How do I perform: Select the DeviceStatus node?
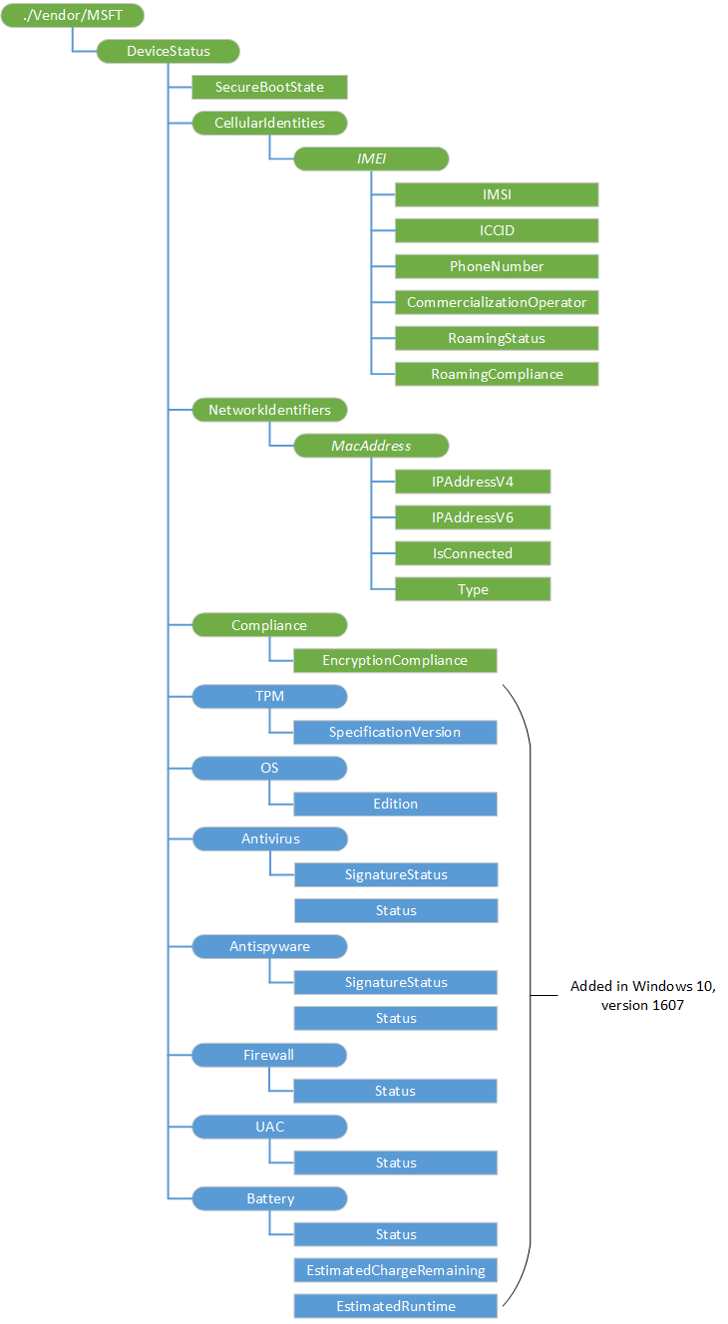pos(168,52)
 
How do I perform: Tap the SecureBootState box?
pos(269,88)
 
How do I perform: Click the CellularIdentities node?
pos(269,124)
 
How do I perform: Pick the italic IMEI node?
pos(371,159)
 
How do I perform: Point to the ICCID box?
pos(497,230)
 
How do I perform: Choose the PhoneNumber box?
pos(497,266)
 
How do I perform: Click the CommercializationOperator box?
pos(497,302)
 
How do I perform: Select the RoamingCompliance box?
pos(497,374)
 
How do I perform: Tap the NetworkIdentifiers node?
pos(269,410)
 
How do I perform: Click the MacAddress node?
pos(371,446)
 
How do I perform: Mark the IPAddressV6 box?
pos(473,517)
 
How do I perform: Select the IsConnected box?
pos(473,553)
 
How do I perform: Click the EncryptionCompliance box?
pos(395,660)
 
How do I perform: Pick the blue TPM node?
pos(269,696)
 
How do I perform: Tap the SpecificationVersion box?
pos(395,732)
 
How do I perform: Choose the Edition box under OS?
pos(395,804)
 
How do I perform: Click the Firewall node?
pos(269,1055)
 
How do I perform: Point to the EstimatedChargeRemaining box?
pos(395,1270)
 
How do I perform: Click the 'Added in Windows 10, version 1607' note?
pos(642,995)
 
